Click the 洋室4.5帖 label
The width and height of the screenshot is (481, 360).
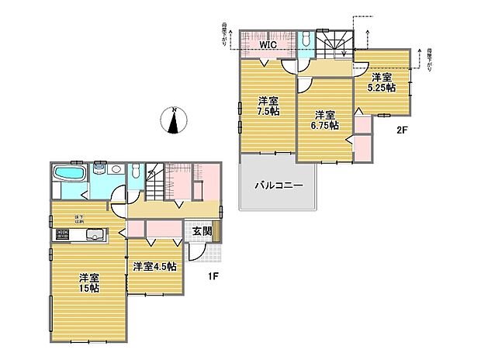154,266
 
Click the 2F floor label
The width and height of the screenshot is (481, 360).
401,130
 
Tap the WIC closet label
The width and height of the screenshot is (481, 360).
268,46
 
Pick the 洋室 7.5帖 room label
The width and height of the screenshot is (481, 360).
268,105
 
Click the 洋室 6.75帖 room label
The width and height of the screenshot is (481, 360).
324,120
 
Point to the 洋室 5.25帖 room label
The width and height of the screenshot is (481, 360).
382,82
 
